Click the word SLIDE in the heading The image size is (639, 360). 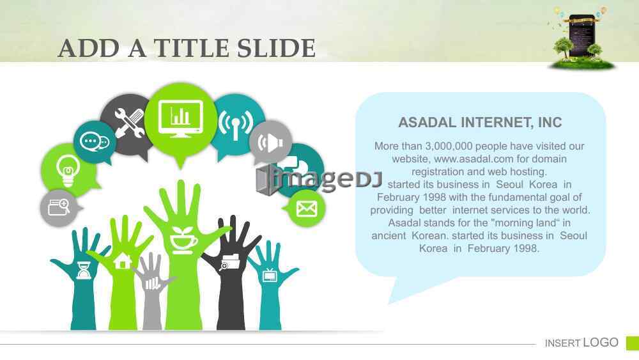pyautogui.click(x=276, y=48)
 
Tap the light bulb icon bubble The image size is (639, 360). pyautogui.click(x=68, y=171)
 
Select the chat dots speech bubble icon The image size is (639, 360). pyautogui.click(x=95, y=142)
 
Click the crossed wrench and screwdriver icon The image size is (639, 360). pyautogui.click(x=129, y=122)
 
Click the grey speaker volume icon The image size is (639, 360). pyautogui.click(x=270, y=143)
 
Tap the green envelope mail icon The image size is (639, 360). pyautogui.click(x=307, y=208)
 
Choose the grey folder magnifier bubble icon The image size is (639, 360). pyautogui.click(x=59, y=208)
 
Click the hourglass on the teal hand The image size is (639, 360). pyautogui.click(x=84, y=270)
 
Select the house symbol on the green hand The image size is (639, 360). pyautogui.click(x=123, y=261)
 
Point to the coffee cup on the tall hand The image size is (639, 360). pyautogui.click(x=182, y=240)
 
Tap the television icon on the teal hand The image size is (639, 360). pyautogui.click(x=270, y=275)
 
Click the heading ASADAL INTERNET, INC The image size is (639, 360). pyautogui.click(x=480, y=122)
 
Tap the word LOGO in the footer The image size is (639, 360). pyautogui.click(x=601, y=343)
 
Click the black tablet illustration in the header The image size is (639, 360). pyautogui.click(x=581, y=36)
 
